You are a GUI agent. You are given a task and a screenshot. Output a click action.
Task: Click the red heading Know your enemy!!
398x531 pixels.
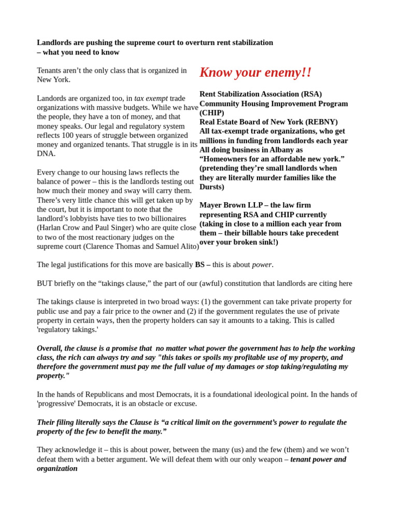pos(255,73)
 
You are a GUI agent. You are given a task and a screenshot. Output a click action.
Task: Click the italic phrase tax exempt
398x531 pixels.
pos(151,98)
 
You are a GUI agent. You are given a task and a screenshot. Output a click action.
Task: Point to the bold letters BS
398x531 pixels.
pos(200,265)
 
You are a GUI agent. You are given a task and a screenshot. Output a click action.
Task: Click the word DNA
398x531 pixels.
pos(46,153)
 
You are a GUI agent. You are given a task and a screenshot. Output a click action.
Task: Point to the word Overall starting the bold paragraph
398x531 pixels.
pos(50,348)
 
